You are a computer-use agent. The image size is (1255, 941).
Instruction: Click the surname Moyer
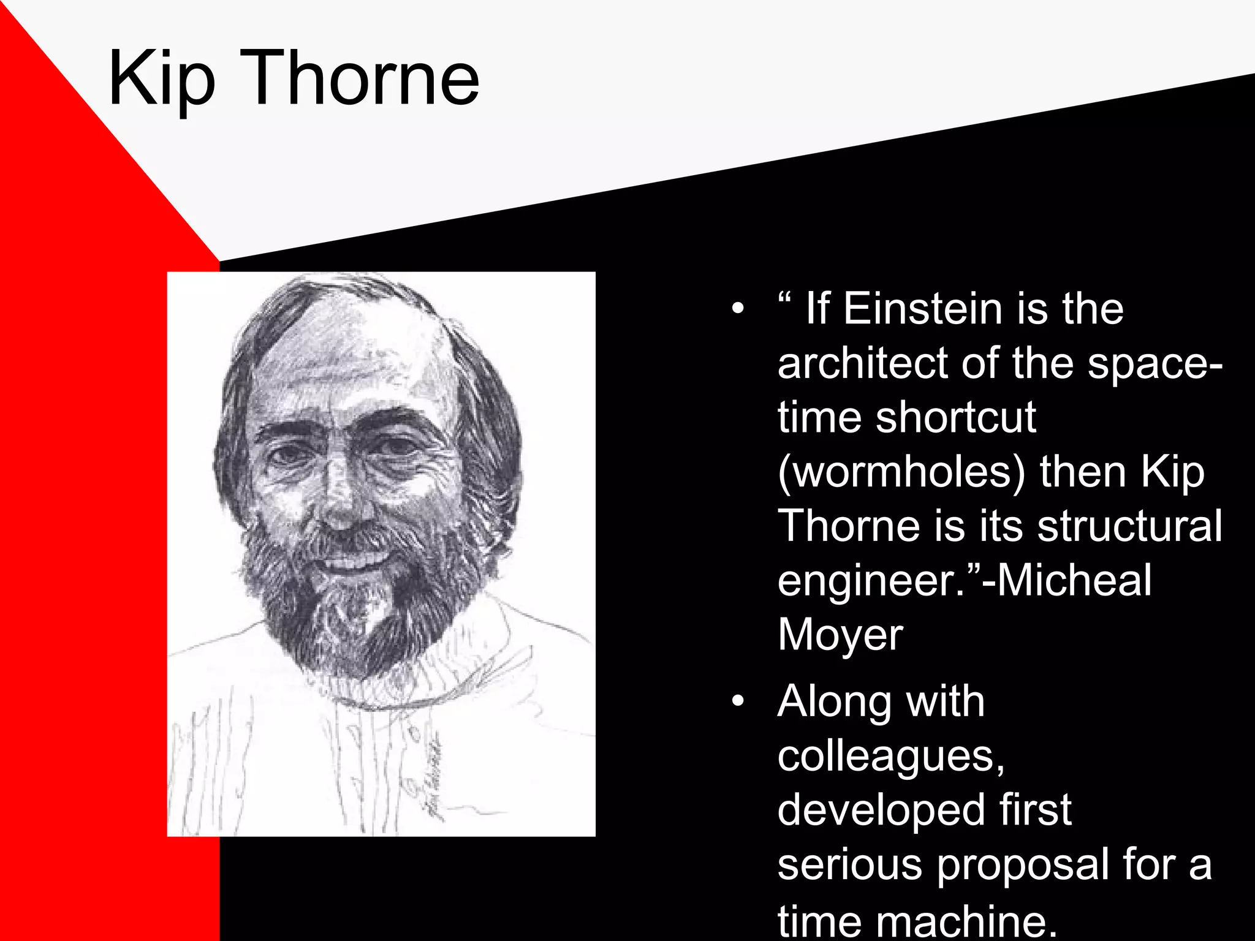840,635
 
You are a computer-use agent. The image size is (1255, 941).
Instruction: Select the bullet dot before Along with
738,701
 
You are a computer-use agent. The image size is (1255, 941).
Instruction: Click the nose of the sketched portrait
341,502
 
